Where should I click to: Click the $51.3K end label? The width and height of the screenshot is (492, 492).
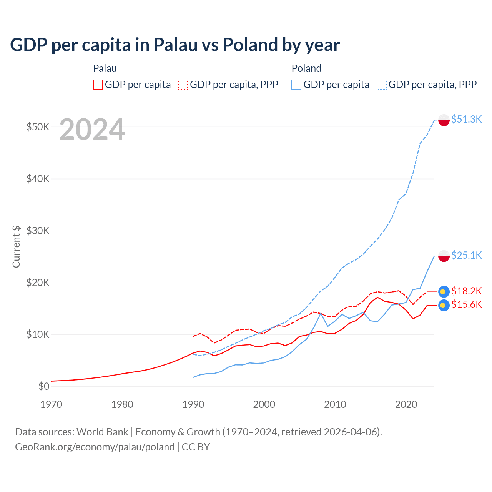[466, 119]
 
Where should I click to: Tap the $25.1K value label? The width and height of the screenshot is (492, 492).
[466, 255]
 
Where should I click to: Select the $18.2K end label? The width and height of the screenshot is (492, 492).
[466, 291]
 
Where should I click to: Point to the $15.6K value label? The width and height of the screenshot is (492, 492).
[466, 305]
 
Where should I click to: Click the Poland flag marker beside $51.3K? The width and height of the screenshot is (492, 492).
[444, 120]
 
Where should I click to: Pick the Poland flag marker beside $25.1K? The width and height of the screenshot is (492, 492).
[444, 256]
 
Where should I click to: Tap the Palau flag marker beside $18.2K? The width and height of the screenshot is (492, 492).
[444, 292]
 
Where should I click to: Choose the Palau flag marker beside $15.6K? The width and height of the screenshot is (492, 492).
[444, 305]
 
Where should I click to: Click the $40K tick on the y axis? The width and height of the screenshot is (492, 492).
[38, 179]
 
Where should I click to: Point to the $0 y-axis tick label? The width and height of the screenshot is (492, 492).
[44, 386]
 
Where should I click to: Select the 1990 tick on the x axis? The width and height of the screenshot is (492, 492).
[193, 404]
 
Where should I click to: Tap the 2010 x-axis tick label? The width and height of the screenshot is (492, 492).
[335, 404]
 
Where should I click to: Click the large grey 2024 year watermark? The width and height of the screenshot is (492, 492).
[92, 130]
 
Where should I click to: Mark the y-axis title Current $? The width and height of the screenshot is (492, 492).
[16, 246]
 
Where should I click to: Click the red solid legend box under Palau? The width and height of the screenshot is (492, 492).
[98, 85]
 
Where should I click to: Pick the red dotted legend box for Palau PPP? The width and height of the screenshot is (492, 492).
[183, 85]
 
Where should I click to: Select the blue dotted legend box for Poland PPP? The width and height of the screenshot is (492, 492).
[382, 85]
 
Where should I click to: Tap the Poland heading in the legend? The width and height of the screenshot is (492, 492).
[306, 68]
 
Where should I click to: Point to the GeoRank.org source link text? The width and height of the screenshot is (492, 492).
[95, 447]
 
